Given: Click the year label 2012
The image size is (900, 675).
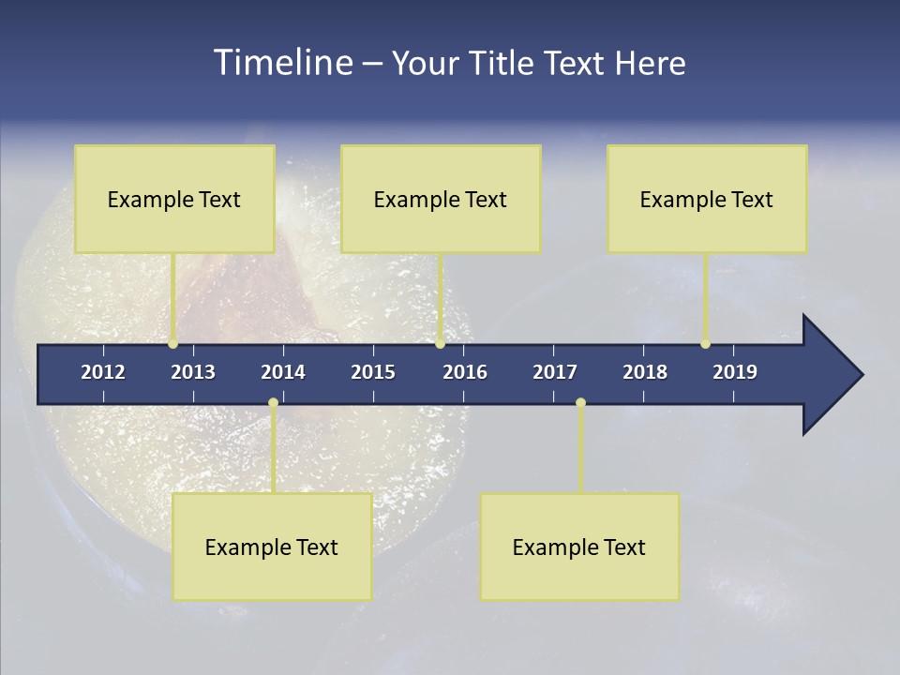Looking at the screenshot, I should point(103,372).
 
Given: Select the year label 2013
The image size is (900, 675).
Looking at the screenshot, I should point(193,372).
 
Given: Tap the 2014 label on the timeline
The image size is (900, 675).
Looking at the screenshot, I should point(283,372).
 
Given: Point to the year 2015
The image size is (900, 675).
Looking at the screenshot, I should point(373,372).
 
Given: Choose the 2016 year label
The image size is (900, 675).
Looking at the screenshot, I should point(465,372).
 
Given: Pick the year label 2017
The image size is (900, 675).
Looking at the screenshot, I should point(555,372).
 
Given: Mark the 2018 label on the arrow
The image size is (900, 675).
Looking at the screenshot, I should point(645,372).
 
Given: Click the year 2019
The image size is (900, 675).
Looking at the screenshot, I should point(735,372).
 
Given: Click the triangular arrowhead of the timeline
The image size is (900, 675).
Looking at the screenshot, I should point(830,375).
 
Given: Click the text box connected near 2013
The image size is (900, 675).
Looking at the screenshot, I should point(174,199).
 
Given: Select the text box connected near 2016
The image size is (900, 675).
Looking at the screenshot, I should point(441,199).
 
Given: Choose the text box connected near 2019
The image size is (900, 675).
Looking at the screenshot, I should point(707,199).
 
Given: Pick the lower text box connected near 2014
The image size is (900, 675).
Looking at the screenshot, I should point(272,547).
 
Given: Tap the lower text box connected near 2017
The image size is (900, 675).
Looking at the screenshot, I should point(579,547).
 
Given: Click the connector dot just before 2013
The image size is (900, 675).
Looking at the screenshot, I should point(173,344).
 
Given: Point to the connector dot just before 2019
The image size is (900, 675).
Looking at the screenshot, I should point(705,344).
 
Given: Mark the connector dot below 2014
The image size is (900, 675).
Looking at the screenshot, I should point(273,403).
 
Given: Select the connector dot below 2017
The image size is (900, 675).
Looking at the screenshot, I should point(580,403).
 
